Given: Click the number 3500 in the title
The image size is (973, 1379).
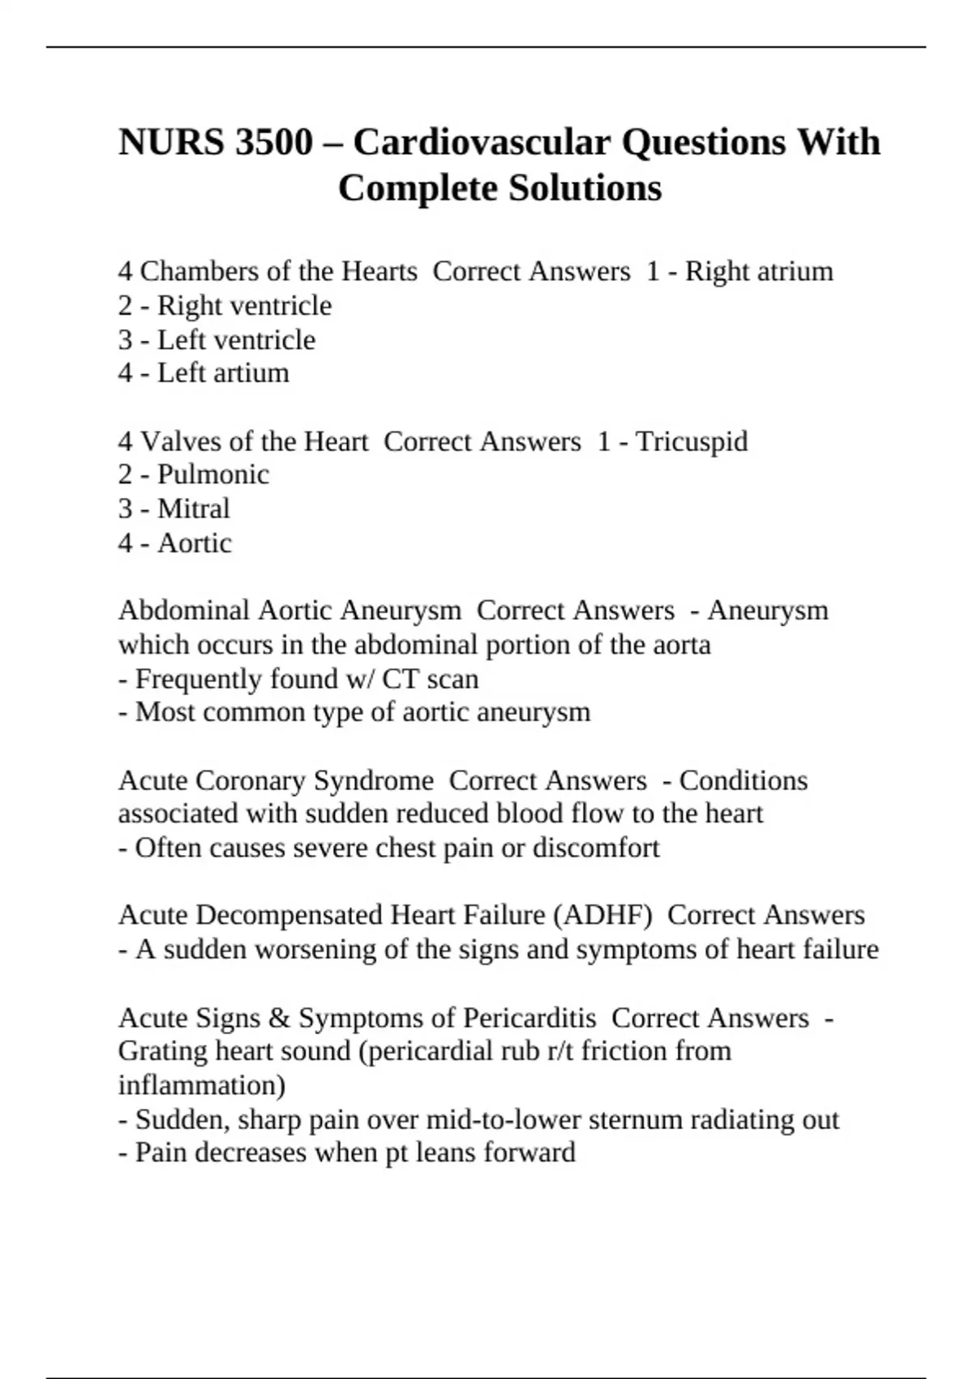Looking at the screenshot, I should (273, 143).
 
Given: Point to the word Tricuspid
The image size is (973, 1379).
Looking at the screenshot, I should (692, 441).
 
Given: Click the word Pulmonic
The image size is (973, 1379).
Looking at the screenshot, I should (212, 475).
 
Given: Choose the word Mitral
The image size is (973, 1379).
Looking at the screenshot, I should (193, 509).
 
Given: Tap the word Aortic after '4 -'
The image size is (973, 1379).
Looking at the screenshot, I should (194, 543).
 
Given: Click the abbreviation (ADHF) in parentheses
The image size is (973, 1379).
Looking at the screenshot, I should (602, 915).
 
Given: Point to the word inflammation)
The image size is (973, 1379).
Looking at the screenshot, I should (201, 1085).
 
